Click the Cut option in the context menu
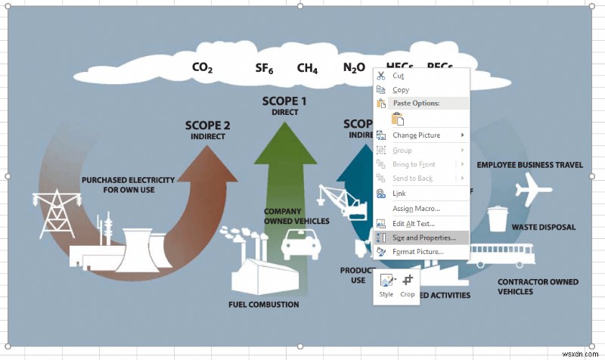(398, 76)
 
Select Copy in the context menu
(401, 90)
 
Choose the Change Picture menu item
(416, 135)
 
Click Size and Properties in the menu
(429, 237)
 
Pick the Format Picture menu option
(417, 251)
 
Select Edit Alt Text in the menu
(413, 223)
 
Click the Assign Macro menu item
(416, 208)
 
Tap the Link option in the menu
(399, 194)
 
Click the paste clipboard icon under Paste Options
(398, 119)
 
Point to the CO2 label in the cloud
(202, 68)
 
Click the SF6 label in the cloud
(264, 69)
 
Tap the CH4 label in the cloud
(307, 69)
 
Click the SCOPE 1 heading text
(284, 101)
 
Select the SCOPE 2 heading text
(207, 126)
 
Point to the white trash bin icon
(497, 218)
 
